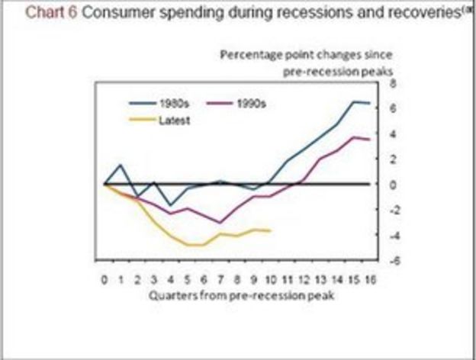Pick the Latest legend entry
[x=173, y=120]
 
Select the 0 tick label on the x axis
[x=105, y=280]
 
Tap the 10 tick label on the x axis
[x=271, y=280]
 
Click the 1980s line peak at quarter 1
[x=121, y=165]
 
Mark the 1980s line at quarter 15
[x=354, y=101]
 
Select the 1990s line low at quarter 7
[x=220, y=223]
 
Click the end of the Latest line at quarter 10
[x=270, y=230]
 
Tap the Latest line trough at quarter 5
[x=188, y=245]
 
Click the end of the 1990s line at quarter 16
[x=371, y=140]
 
